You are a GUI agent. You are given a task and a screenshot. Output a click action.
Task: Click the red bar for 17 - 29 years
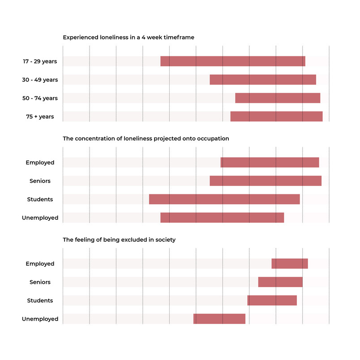click(233, 61)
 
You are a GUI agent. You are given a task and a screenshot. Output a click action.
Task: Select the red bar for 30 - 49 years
click(263, 80)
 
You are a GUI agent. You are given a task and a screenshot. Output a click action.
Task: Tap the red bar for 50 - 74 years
click(278, 98)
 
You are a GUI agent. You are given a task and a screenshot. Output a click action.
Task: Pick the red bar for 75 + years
click(276, 116)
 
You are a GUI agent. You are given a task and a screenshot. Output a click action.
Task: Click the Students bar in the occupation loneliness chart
click(224, 199)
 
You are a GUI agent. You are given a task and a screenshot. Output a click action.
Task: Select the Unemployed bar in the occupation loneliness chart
click(222, 218)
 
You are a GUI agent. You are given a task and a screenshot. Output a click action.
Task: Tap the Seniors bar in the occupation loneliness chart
click(266, 181)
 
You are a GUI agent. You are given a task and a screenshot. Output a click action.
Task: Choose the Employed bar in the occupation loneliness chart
click(270, 163)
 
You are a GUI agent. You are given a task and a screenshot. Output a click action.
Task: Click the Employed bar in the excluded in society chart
click(290, 264)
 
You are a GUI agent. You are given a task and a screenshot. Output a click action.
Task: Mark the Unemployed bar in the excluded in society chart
click(219, 319)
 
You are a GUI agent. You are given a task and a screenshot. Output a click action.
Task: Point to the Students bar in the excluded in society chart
click(272, 300)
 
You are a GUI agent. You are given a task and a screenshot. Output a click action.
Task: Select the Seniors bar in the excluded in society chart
click(280, 282)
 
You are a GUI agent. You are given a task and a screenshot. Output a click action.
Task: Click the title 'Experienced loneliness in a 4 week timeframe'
click(129, 38)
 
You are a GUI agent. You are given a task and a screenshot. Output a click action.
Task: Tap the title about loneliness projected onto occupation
click(146, 139)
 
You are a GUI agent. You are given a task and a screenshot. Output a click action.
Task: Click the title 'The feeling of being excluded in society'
click(119, 240)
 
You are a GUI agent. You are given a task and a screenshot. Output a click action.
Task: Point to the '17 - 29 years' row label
click(40, 61)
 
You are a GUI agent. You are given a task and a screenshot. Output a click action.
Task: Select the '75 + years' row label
click(40, 116)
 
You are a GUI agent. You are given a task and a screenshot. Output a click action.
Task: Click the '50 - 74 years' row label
click(40, 98)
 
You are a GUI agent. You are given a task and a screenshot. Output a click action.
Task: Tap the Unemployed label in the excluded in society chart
click(40, 319)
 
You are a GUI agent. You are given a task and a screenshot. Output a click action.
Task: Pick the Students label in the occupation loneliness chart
click(40, 199)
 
